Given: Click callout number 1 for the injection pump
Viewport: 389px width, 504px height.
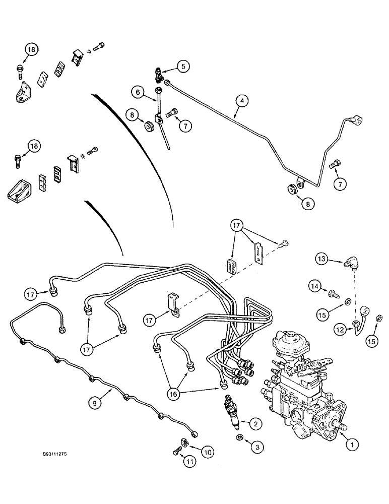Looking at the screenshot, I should pos(353,444).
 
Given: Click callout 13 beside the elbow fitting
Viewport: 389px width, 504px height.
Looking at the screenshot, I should pos(322,259).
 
